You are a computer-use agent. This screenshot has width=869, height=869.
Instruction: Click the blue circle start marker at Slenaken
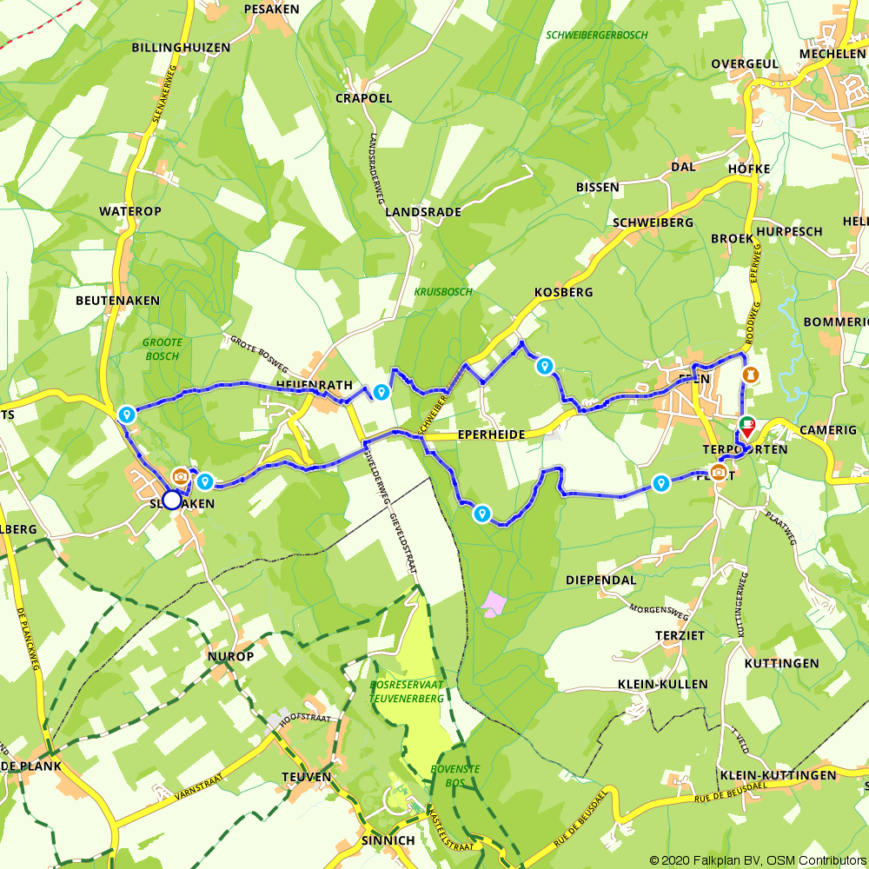click(172, 500)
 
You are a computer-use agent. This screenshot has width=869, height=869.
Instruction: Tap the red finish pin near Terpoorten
click(746, 427)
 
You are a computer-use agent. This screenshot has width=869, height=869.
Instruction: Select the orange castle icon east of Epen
click(753, 375)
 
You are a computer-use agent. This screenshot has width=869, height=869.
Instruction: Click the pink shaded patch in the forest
click(494, 603)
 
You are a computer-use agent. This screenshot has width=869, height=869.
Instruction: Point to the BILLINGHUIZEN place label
click(181, 48)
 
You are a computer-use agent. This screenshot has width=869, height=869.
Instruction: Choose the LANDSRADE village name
click(422, 212)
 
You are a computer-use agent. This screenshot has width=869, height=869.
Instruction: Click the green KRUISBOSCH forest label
click(443, 292)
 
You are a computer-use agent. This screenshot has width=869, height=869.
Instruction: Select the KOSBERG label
click(564, 292)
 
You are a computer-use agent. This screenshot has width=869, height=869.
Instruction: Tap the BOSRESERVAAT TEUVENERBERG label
click(406, 692)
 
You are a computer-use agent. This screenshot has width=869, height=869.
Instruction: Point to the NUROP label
click(231, 656)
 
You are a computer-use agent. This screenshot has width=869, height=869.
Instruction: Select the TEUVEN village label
click(307, 776)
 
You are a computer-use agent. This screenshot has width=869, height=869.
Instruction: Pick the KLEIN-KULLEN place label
click(662, 684)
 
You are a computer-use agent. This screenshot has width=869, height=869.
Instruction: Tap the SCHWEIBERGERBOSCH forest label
click(598, 36)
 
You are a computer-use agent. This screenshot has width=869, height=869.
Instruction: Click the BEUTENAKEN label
click(117, 300)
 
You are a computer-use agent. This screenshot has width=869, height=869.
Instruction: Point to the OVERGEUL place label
click(744, 64)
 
